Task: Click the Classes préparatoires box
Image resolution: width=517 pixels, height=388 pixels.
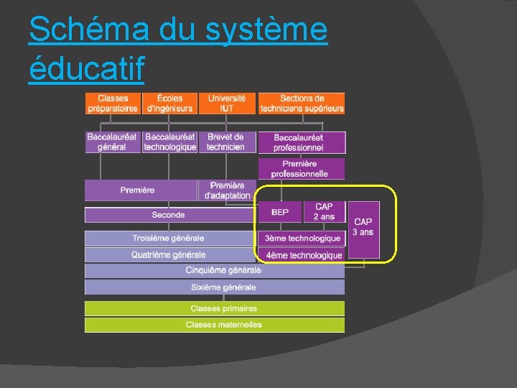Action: click(x=113, y=103)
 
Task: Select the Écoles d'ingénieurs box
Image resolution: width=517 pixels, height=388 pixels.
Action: click(x=169, y=103)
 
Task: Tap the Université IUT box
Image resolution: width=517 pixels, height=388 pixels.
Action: click(x=227, y=103)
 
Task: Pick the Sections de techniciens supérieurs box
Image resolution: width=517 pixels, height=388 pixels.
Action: click(x=302, y=103)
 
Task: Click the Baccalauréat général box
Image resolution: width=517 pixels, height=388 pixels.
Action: click(x=113, y=142)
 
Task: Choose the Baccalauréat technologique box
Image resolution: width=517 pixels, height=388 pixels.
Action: click(x=169, y=142)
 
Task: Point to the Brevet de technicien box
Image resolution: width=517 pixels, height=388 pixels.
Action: click(x=226, y=142)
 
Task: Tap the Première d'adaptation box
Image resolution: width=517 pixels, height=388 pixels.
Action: click(x=227, y=190)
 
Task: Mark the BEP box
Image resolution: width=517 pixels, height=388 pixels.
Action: click(x=280, y=212)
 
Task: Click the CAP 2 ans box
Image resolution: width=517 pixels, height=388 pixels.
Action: click(x=324, y=212)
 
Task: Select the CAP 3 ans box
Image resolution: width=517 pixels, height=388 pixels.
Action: click(x=363, y=228)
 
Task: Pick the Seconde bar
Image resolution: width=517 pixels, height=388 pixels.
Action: click(x=169, y=215)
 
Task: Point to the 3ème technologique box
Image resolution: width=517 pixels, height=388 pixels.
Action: click(x=302, y=239)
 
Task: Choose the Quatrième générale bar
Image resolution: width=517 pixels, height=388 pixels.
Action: click(x=169, y=255)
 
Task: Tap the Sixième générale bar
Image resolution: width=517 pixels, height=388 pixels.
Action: click(x=215, y=287)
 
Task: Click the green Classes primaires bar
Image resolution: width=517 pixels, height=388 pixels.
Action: click(x=215, y=308)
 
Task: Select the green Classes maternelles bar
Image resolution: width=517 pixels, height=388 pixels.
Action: click(x=215, y=325)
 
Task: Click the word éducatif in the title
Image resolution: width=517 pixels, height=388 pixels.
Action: click(x=87, y=68)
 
